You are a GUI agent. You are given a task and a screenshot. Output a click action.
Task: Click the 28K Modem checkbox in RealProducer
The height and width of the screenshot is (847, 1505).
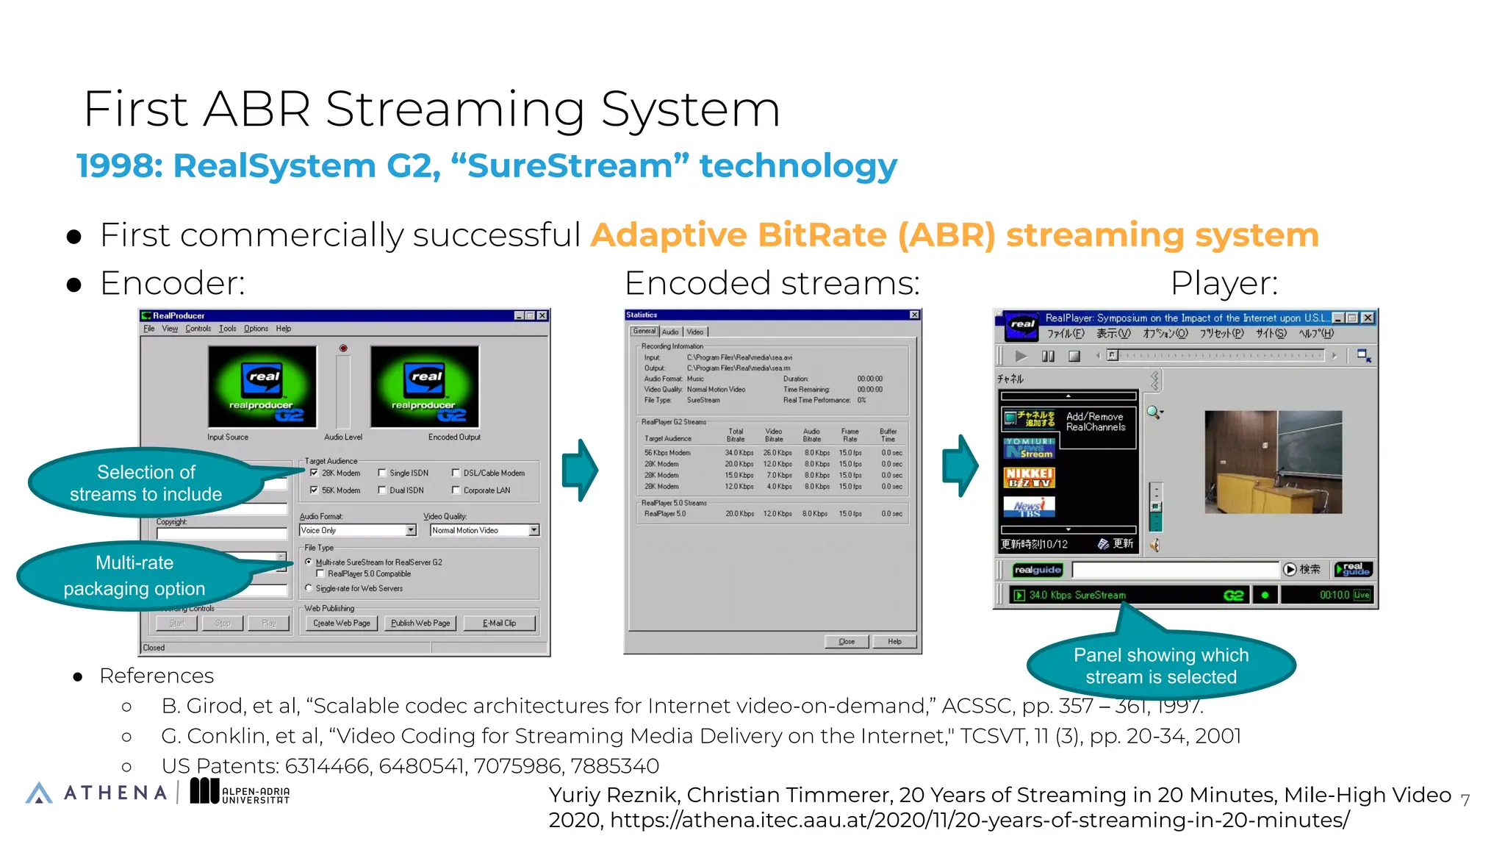315,473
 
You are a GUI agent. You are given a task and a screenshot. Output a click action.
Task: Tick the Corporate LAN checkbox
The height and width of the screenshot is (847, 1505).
456,490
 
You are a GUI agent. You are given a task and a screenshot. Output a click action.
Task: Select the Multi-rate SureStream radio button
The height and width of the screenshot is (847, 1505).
309,562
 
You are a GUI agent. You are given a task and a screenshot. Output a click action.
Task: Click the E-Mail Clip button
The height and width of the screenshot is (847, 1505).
499,623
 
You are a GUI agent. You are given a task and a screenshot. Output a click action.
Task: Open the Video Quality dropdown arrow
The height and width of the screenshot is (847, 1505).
534,530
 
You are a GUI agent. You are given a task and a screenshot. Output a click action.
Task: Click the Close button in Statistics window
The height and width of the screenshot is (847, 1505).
847,641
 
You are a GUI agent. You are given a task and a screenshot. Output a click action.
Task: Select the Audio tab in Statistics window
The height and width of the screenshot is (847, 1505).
670,332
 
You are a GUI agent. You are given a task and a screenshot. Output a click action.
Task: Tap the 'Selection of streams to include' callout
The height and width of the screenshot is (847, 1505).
146,483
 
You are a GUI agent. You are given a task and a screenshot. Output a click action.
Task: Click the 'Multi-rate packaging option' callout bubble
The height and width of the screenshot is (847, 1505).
134,576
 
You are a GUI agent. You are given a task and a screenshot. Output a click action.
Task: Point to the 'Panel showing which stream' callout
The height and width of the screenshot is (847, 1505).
1161,665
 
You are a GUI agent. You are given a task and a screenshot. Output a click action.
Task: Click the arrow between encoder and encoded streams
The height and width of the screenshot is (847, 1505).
581,470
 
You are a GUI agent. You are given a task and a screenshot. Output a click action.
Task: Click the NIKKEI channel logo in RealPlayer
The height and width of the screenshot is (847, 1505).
1029,477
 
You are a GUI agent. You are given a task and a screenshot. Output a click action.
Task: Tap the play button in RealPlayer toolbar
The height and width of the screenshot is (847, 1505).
1021,356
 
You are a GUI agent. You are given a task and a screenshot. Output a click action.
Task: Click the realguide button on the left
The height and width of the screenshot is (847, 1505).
1037,570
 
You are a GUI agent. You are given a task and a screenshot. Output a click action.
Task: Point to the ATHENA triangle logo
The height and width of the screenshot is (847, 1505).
39,793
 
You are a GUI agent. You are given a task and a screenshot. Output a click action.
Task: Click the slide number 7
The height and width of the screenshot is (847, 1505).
1465,800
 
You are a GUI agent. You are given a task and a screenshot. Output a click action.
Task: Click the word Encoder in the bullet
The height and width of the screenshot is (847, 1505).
171,283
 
